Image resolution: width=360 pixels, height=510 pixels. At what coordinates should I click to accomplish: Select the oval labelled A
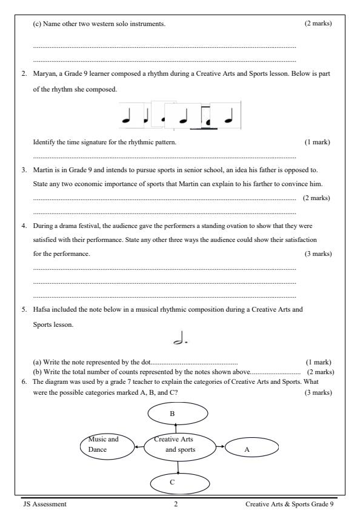pyautogui.click(x=252, y=449)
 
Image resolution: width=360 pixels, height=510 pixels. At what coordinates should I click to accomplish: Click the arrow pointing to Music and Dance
pyautogui.click(x=139, y=448)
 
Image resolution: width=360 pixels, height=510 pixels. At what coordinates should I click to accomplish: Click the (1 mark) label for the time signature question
pyautogui.click(x=317, y=142)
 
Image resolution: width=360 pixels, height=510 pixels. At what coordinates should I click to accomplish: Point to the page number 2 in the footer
pyautogui.click(x=176, y=503)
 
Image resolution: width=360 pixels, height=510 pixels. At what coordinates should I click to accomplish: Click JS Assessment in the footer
pyautogui.click(x=45, y=503)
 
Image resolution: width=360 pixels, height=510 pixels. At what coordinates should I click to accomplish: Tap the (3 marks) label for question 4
pyautogui.click(x=318, y=253)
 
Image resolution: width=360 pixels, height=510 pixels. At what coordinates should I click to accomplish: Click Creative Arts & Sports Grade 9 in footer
pyautogui.click(x=289, y=503)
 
